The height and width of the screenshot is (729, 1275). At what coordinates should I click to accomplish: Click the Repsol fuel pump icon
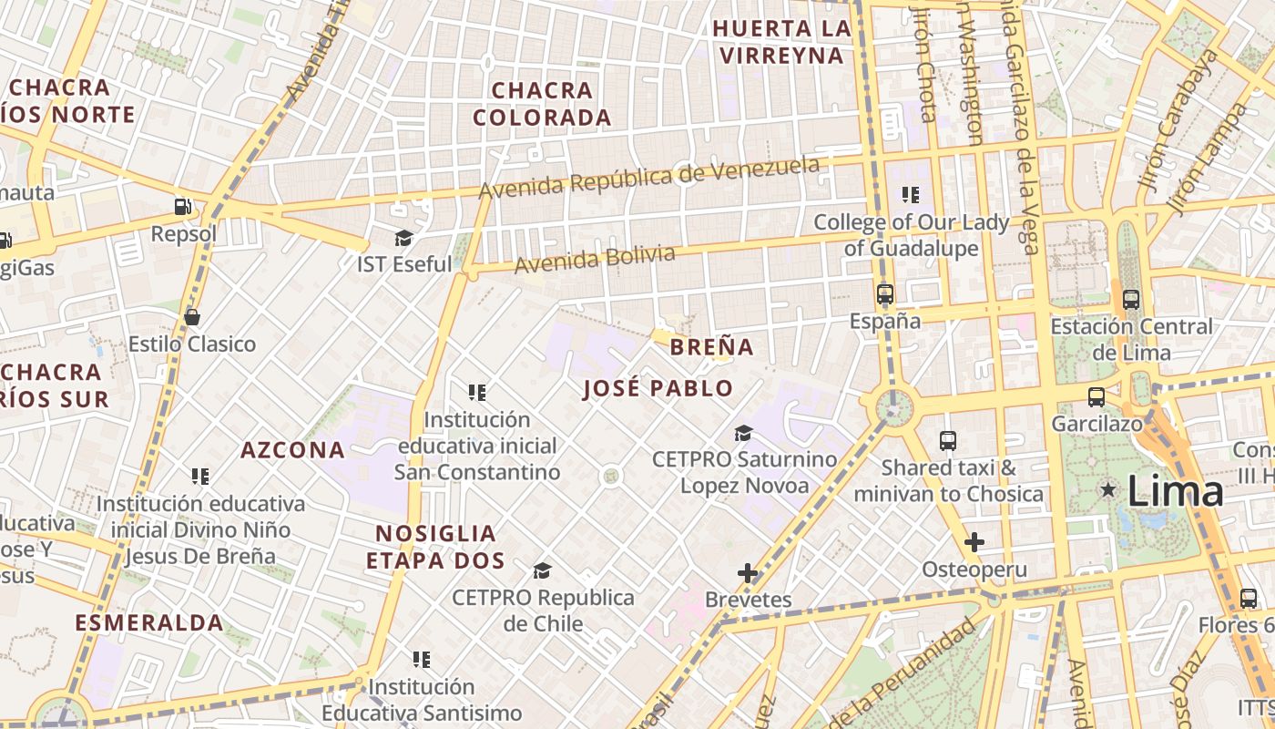[183, 207]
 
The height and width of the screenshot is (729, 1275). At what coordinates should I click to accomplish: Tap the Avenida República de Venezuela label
[648, 179]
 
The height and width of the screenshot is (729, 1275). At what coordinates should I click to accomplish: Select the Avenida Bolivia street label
[595, 259]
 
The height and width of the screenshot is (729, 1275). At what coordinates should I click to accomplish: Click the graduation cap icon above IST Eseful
[403, 239]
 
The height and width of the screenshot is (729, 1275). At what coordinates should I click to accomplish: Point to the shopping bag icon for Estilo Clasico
[191, 317]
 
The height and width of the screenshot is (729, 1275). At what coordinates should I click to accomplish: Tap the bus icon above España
[884, 294]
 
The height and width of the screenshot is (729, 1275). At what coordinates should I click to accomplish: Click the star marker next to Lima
[1108, 490]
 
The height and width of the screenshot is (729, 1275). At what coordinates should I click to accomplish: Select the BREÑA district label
[712, 347]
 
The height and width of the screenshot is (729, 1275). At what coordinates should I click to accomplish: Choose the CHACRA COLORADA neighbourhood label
[542, 104]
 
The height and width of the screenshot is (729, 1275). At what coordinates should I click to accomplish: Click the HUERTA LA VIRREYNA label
[781, 42]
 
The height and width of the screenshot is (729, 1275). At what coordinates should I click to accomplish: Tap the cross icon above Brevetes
[748, 573]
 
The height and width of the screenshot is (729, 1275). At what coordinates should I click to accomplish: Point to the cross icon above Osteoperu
[974, 543]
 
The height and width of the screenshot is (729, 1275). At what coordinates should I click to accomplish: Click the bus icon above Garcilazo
[1096, 397]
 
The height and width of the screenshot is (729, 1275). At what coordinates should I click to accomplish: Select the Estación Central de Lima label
[1131, 339]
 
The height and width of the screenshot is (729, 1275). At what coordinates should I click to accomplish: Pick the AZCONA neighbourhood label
[293, 449]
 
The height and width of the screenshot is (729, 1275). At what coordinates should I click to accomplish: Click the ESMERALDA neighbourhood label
[149, 623]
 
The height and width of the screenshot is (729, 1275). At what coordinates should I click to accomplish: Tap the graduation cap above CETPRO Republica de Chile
[543, 570]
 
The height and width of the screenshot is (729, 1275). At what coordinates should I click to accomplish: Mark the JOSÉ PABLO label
[658, 389]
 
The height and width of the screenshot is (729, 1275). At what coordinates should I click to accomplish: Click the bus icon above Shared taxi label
[948, 441]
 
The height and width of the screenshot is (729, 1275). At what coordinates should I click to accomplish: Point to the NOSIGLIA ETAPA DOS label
[436, 547]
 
